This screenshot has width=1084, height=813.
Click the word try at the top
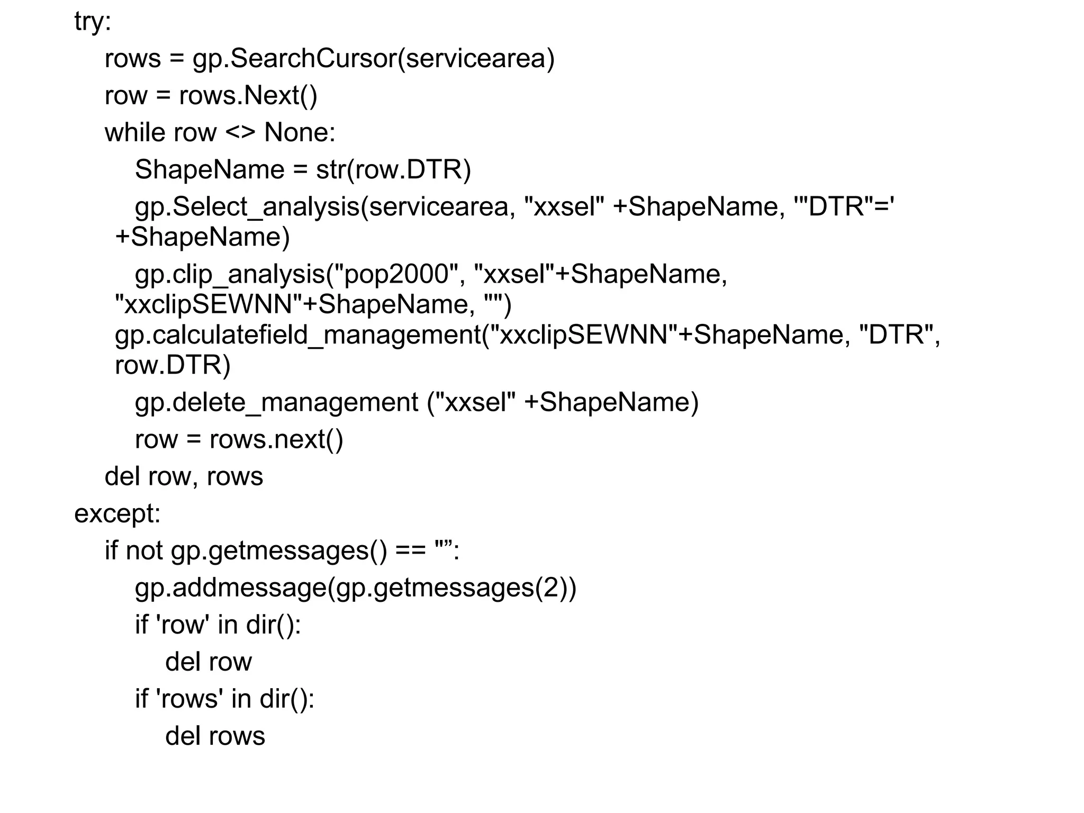coord(92,22)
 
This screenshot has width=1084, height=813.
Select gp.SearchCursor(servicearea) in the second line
coord(373,58)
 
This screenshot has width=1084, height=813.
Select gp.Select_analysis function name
coord(247,207)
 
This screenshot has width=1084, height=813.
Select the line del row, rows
coord(184,476)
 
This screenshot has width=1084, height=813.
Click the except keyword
coord(117,513)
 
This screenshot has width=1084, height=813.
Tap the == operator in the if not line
coord(411,551)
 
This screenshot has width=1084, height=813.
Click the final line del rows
coord(215,736)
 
